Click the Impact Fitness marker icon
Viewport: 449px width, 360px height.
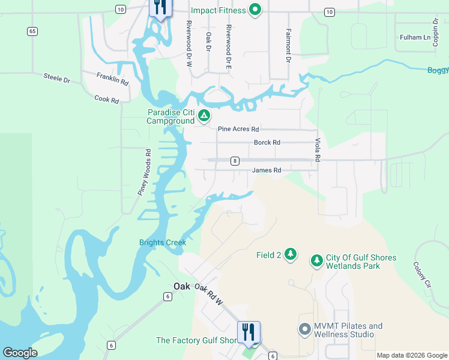pyautogui.click(x=255, y=10)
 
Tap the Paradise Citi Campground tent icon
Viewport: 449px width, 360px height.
pyautogui.click(x=204, y=115)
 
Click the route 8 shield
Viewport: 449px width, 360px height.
pyautogui.click(x=235, y=160)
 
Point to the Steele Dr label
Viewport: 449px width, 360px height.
pyautogui.click(x=57, y=77)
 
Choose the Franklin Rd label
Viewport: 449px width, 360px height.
pyautogui.click(x=113, y=79)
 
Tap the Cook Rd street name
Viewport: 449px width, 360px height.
pyautogui.click(x=107, y=99)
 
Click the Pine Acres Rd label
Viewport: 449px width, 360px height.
pyautogui.click(x=238, y=129)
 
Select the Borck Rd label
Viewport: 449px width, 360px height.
pyautogui.click(x=267, y=143)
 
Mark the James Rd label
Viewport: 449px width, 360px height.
pyautogui.click(x=267, y=170)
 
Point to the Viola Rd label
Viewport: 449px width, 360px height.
pyautogui.click(x=318, y=150)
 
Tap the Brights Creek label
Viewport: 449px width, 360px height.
pyautogui.click(x=163, y=242)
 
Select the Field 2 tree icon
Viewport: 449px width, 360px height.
pyautogui.click(x=291, y=254)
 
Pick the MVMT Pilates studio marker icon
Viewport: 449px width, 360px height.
pyautogui.click(x=304, y=329)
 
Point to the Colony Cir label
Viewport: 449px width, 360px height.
pyautogui.click(x=423, y=273)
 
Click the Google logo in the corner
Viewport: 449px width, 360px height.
pyautogui.click(x=20, y=353)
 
